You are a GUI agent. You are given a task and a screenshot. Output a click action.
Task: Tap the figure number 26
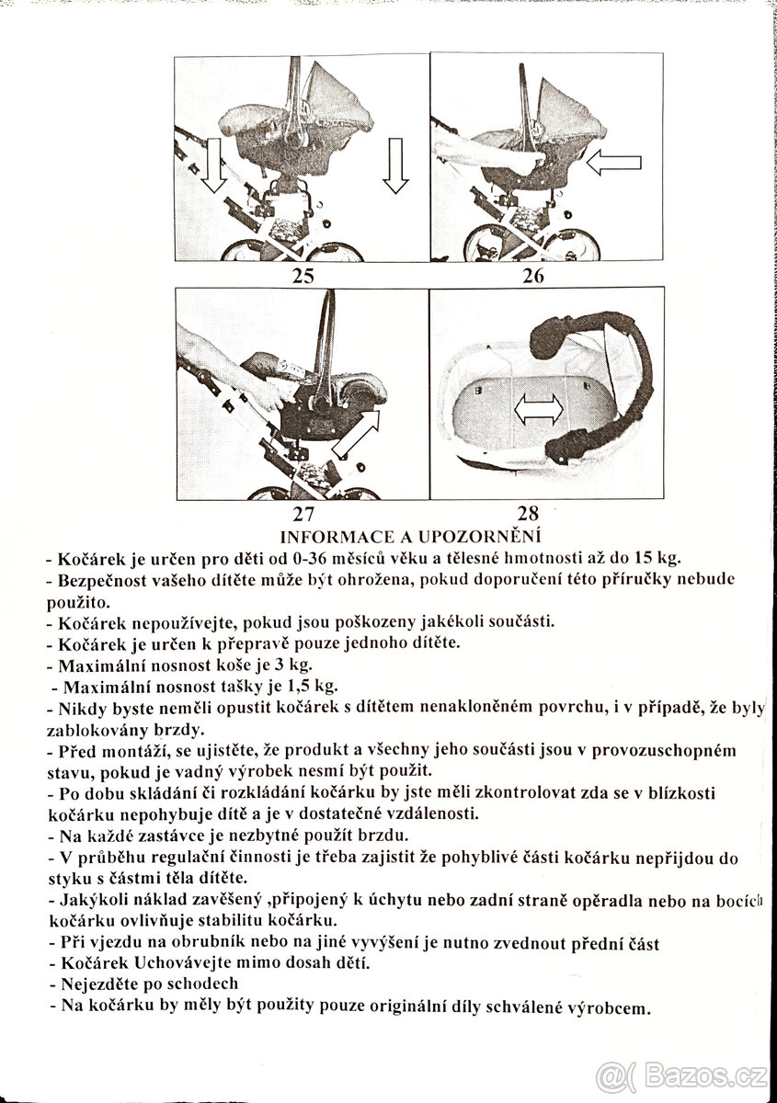click(533, 275)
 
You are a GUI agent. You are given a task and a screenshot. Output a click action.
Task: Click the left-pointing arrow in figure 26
click(616, 164)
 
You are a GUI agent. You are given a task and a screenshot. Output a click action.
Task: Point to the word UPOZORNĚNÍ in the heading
click(486, 536)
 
